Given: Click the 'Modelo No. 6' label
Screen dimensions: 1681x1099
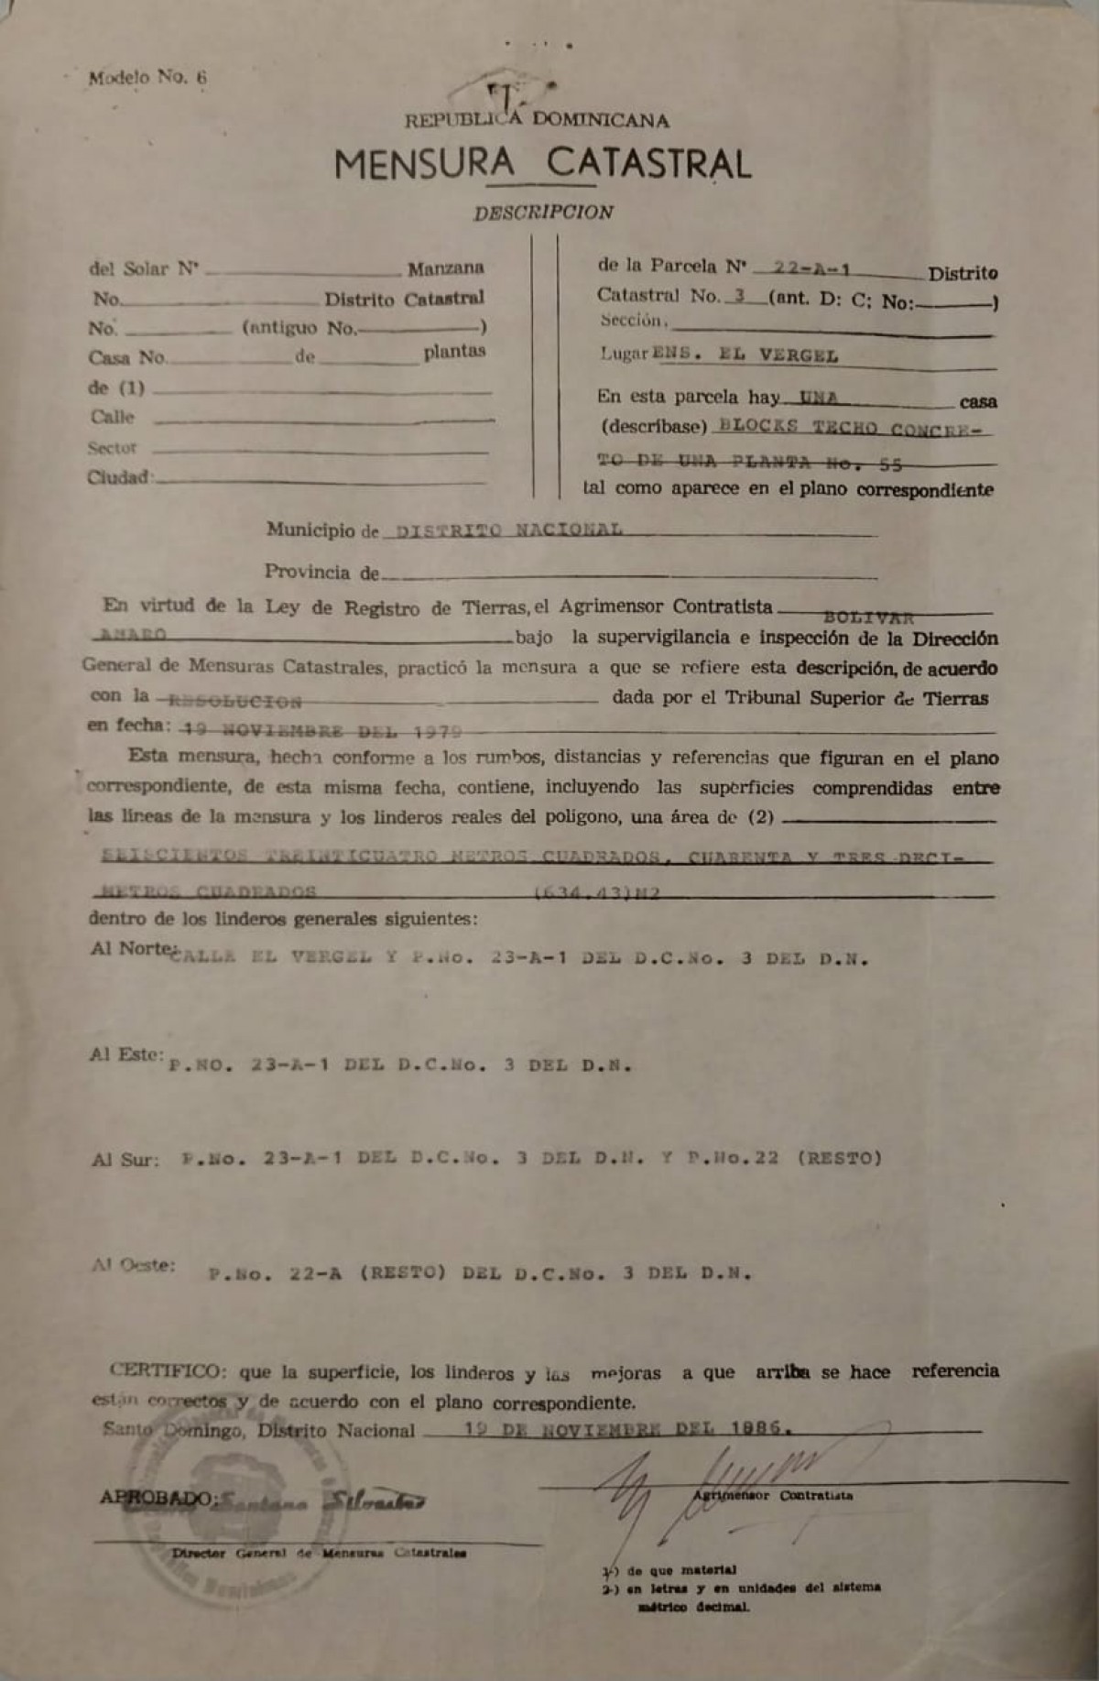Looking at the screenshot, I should point(147,78).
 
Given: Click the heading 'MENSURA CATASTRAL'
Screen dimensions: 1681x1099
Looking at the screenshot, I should point(542,165).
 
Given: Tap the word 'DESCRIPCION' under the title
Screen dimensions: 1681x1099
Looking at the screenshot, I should point(543,213).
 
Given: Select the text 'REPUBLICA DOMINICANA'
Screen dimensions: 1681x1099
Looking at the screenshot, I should point(538,120).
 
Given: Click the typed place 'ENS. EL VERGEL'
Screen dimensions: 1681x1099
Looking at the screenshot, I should point(744,355).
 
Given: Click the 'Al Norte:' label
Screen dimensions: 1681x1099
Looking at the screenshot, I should point(131,949).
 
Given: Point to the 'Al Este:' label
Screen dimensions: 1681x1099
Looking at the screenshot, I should point(126,1054).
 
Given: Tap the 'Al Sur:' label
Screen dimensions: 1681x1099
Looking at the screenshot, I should point(125,1160).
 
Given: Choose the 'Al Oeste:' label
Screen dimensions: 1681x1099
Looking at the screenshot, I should point(132,1265).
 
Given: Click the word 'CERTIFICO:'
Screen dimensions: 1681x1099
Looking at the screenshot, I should point(165,1371).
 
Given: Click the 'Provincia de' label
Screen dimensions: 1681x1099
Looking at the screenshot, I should point(321,573).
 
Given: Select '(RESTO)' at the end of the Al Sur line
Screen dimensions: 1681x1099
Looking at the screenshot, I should point(840,1158).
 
